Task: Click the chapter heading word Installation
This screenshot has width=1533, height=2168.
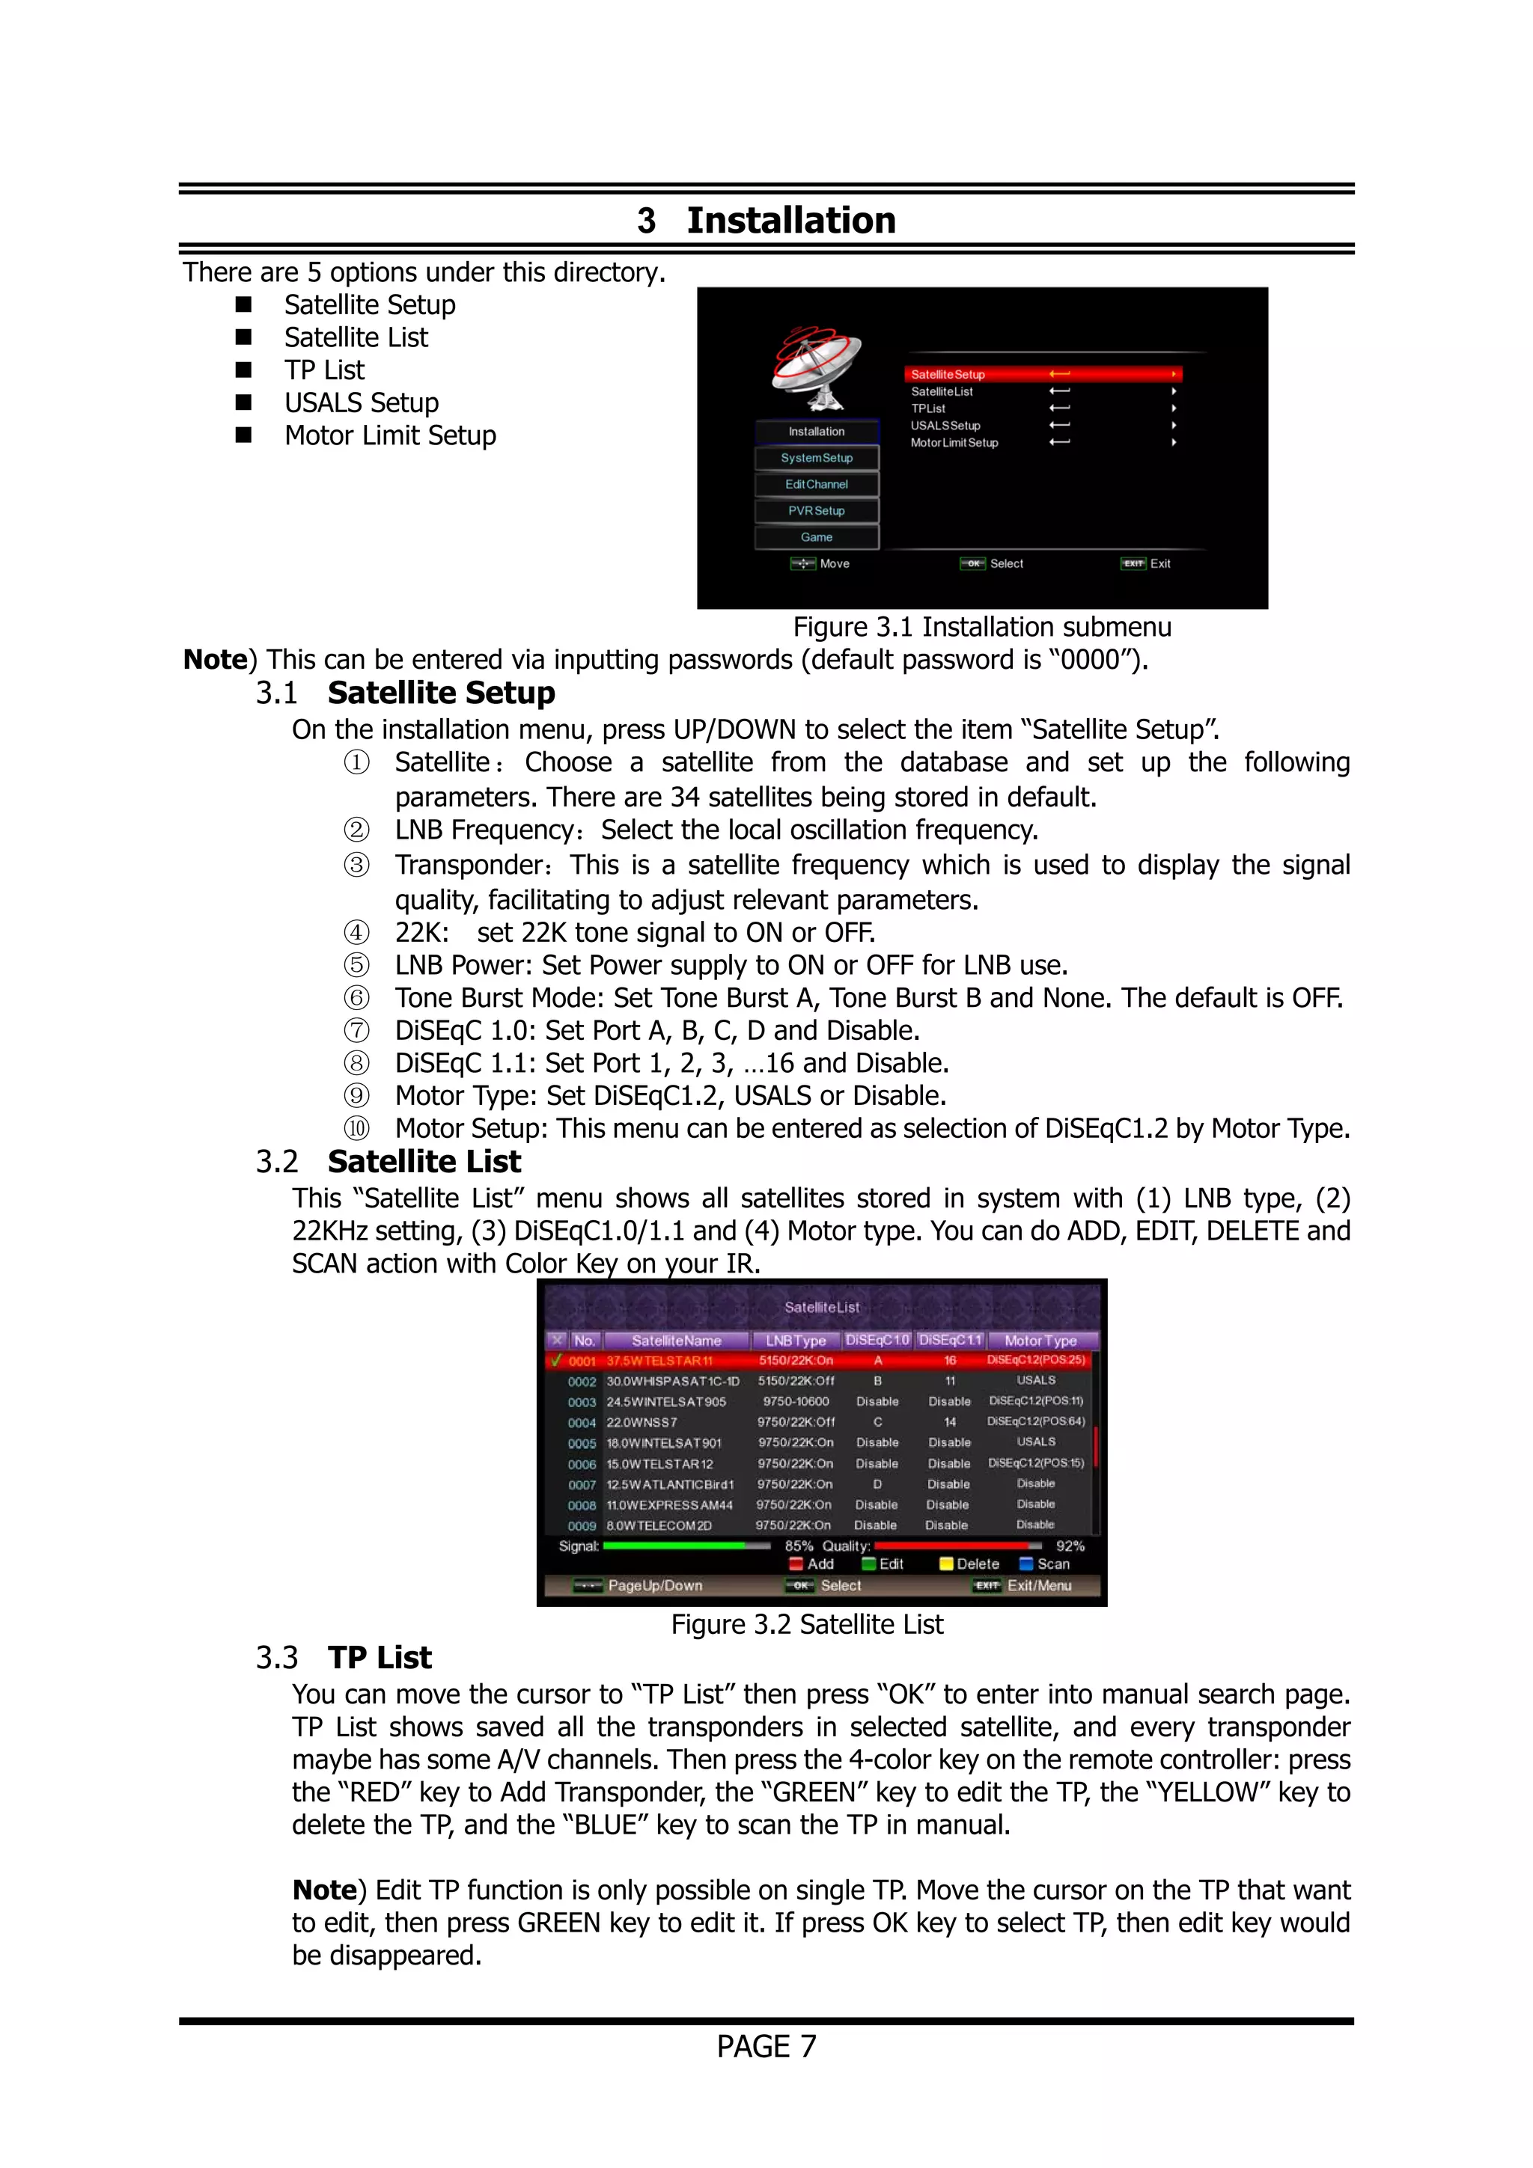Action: (x=790, y=220)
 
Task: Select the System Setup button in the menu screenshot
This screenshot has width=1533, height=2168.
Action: (x=816, y=458)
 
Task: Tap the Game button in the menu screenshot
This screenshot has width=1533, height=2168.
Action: (x=816, y=537)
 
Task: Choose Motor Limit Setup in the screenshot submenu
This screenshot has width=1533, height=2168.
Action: (x=954, y=443)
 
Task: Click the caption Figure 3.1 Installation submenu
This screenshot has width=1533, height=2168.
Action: (x=981, y=627)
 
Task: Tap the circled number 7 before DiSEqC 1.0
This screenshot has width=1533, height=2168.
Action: (x=356, y=1030)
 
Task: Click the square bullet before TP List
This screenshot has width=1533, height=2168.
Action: (x=244, y=370)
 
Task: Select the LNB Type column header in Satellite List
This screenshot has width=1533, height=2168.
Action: (x=795, y=1340)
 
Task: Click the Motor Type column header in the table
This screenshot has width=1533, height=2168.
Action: (x=1040, y=1340)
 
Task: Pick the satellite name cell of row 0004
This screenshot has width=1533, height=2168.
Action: (x=642, y=1422)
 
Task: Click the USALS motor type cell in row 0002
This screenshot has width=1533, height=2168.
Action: (x=1036, y=1380)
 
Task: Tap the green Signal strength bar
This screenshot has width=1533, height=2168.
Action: (x=674, y=1546)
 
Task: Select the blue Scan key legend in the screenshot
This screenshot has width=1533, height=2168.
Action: (x=1045, y=1564)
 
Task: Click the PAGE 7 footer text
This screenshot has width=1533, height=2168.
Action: (x=766, y=2046)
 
